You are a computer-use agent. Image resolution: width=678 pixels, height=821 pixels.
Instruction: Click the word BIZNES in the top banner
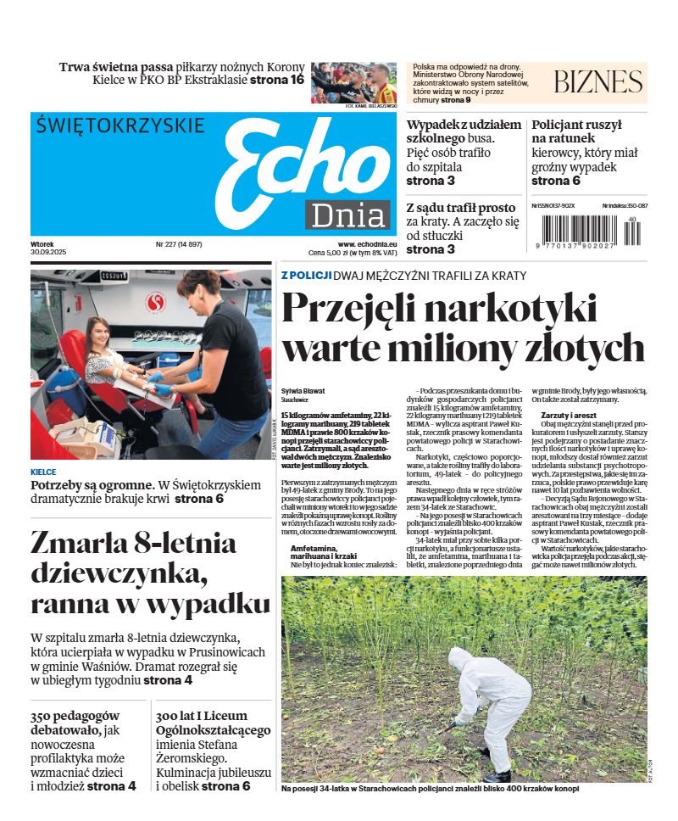[598, 82]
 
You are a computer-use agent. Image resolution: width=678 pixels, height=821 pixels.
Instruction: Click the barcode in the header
[590, 231]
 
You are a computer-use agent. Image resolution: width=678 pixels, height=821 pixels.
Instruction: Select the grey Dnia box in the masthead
[347, 215]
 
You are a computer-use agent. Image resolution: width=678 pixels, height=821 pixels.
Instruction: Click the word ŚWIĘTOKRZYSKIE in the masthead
[120, 126]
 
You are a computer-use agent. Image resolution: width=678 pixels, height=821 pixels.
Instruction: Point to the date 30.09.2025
[48, 253]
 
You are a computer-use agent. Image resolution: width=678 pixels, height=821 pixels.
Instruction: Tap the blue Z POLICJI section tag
[305, 276]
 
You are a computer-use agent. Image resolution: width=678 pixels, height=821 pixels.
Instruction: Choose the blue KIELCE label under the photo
[43, 472]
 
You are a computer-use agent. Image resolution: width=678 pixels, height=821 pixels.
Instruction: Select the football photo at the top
[353, 83]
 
